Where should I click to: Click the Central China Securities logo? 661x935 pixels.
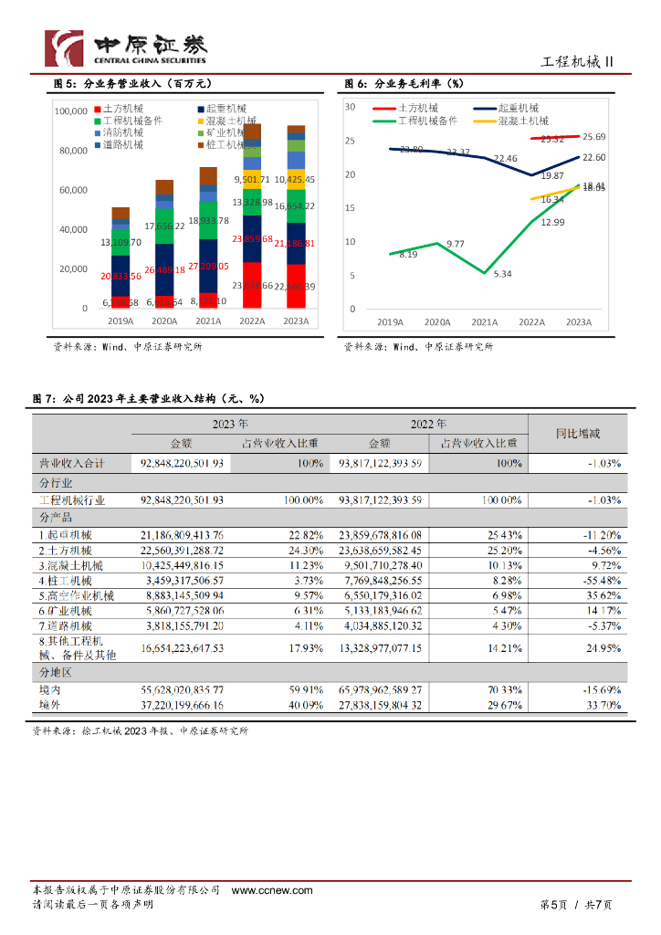tap(126, 47)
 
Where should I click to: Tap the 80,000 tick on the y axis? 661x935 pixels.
tap(71, 152)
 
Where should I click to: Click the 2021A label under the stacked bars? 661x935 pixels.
tap(208, 321)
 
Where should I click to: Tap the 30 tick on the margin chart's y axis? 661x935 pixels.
tap(350, 107)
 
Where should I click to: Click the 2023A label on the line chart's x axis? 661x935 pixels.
tap(579, 321)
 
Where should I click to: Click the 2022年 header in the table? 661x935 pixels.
tap(427, 425)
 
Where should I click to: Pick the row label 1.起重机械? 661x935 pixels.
tap(66, 534)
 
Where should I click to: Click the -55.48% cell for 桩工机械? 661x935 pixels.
tap(599, 580)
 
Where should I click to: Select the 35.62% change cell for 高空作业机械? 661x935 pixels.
tap(601, 595)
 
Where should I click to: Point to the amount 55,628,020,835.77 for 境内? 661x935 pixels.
tap(182, 690)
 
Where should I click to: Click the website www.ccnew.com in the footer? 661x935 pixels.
tap(272, 890)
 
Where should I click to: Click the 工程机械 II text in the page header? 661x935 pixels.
tap(577, 61)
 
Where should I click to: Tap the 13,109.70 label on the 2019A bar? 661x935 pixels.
tap(121, 242)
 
